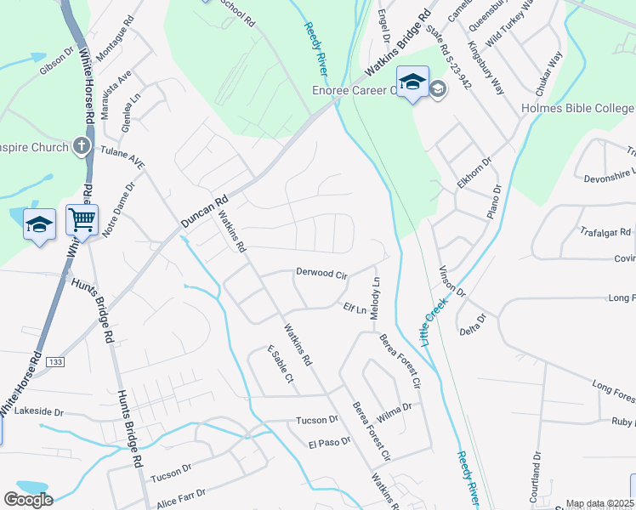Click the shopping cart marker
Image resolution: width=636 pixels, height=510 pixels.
tap(82, 220)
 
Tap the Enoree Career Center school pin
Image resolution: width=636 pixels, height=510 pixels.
tap(412, 82)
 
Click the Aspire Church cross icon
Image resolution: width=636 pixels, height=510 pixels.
tap(82, 146)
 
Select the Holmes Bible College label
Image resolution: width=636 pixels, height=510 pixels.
tap(577, 109)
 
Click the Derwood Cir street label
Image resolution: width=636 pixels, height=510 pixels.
tap(321, 274)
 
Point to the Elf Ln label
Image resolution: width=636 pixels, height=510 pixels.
tap(354, 308)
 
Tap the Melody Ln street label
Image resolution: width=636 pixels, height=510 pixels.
tap(375, 298)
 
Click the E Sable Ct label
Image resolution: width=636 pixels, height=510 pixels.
tap(280, 364)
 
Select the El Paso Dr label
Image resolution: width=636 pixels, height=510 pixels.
tap(329, 442)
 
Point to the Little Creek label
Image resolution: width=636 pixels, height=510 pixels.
tap(434, 320)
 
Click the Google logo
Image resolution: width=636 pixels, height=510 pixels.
tap(28, 500)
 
